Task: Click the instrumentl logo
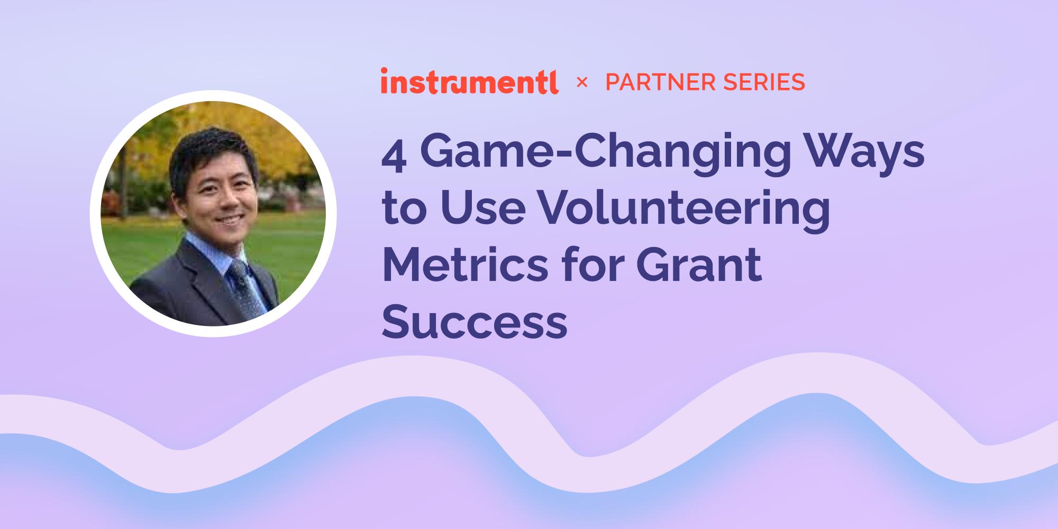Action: [469, 81]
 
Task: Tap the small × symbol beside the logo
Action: [582, 82]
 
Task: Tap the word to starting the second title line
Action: [404, 209]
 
